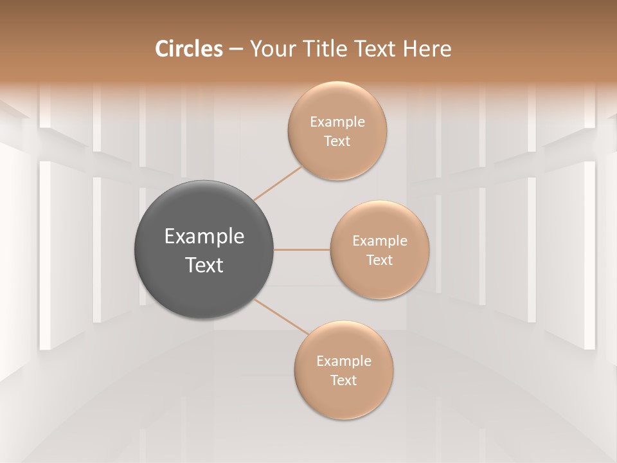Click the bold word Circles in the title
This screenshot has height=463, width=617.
point(188,49)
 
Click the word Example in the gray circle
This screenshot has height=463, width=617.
point(204,237)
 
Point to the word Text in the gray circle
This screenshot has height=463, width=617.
point(204,265)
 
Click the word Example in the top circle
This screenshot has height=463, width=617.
point(337,122)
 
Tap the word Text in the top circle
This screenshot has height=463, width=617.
point(337,141)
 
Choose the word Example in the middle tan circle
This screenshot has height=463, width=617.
point(379,241)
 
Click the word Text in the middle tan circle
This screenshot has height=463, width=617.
point(379,260)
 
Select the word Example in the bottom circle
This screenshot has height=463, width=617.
point(343,361)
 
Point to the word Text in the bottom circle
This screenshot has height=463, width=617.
point(343,381)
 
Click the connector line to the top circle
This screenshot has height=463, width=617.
point(278,183)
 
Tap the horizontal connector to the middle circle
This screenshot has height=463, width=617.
point(302,250)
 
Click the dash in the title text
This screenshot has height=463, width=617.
point(235,50)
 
